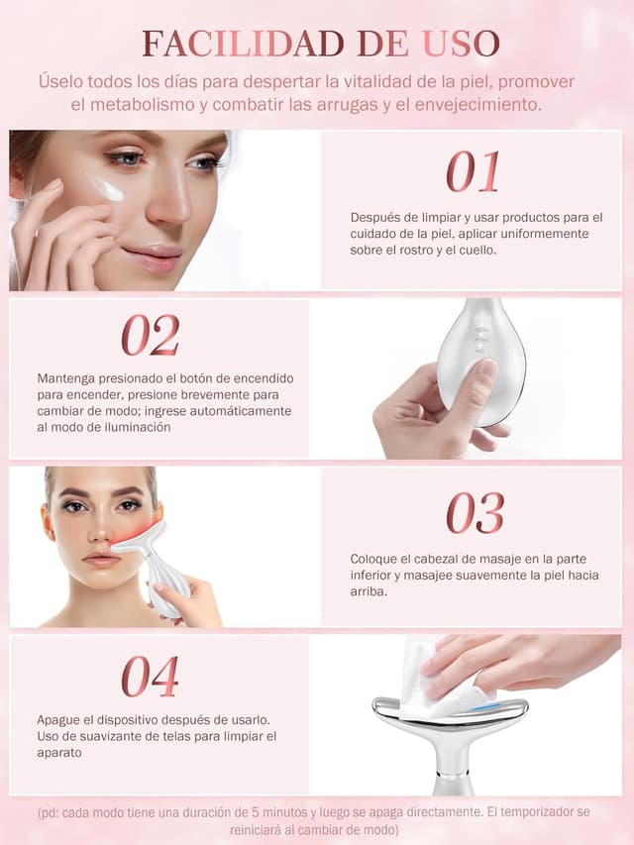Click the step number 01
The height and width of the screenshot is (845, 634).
click(472, 172)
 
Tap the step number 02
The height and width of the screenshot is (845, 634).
click(151, 336)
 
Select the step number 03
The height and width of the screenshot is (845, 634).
click(475, 513)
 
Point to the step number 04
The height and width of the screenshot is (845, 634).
click(151, 678)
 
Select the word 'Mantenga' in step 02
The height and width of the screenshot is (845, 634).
click(69, 378)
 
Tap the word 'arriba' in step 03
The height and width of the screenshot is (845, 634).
click(369, 590)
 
